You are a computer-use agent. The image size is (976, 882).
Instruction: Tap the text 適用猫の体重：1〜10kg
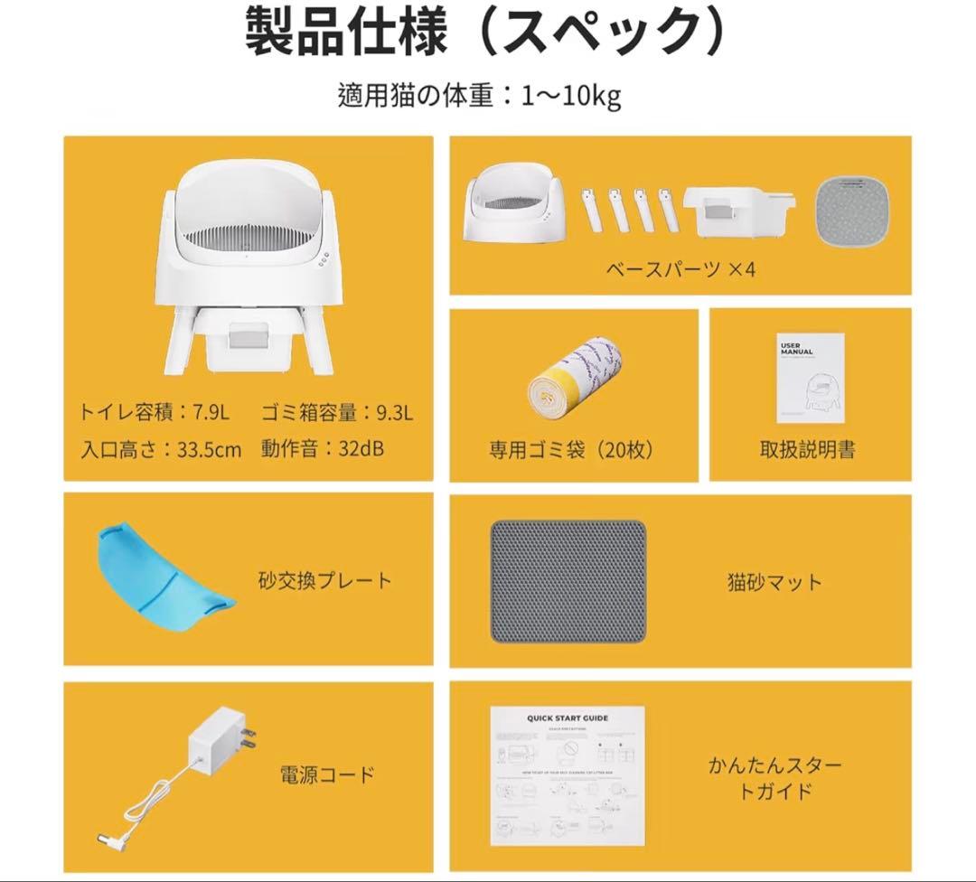pyautogui.click(x=479, y=97)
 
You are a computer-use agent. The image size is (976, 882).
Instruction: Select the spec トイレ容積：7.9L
pyautogui.click(x=155, y=413)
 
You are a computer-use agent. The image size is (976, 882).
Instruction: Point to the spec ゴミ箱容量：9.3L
pyautogui.click(x=338, y=413)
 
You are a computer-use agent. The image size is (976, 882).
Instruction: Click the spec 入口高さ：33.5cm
pyautogui.click(x=161, y=448)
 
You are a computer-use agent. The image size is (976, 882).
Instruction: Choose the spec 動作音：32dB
pyautogui.click(x=323, y=448)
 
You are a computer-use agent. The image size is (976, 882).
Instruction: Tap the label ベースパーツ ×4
pyautogui.click(x=680, y=269)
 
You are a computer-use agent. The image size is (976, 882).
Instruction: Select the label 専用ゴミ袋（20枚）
pyautogui.click(x=572, y=450)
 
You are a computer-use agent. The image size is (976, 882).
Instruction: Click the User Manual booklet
pyautogui.click(x=810, y=377)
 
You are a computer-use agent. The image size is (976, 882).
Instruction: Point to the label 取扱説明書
pyautogui.click(x=807, y=450)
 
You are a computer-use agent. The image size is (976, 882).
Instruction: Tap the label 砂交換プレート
pyautogui.click(x=324, y=579)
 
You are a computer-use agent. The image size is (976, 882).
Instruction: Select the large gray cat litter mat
pyautogui.click(x=568, y=581)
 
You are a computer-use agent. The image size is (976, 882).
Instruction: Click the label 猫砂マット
pyautogui.click(x=774, y=582)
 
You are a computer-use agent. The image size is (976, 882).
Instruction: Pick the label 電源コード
pyautogui.click(x=326, y=774)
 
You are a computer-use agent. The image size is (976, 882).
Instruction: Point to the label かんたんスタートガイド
pyautogui.click(x=774, y=778)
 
